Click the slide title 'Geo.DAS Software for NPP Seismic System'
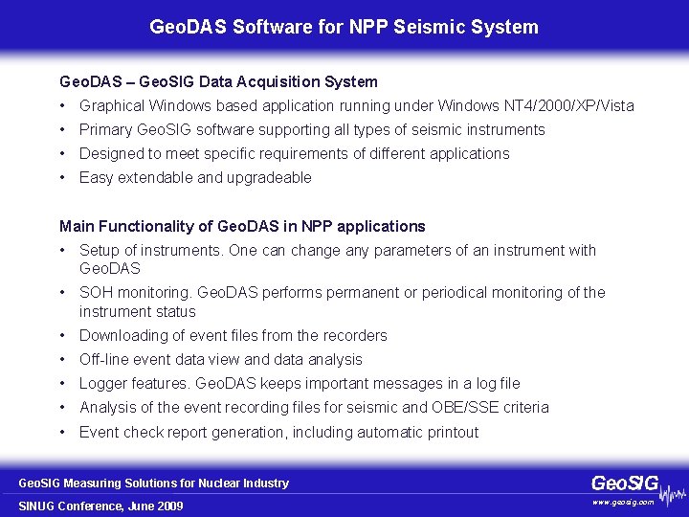click(x=344, y=27)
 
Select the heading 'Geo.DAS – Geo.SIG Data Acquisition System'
click(x=218, y=82)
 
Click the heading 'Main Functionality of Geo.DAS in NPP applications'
click(x=242, y=227)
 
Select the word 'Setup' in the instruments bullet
click(x=99, y=251)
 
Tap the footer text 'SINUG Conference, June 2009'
click(x=101, y=506)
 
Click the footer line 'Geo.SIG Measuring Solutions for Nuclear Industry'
click(x=154, y=483)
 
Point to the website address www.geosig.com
click(x=624, y=502)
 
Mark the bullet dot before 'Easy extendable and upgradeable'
click(x=61, y=178)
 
